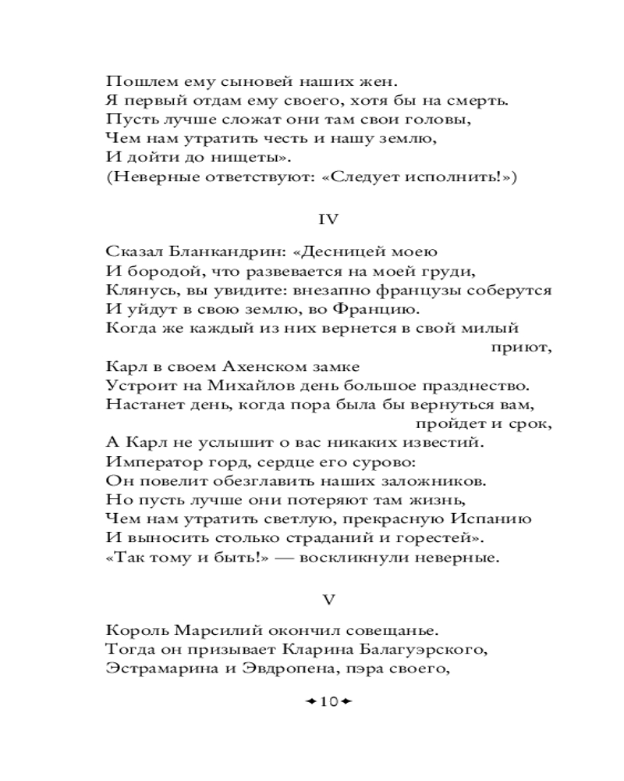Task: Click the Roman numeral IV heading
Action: coord(329,220)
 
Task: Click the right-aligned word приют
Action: coord(521,348)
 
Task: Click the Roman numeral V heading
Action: coord(329,600)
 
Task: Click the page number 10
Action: coord(328,701)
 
